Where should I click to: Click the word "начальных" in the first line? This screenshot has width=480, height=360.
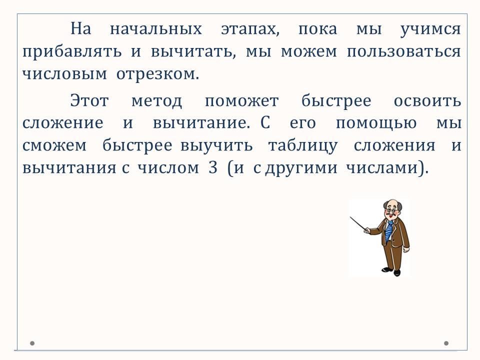[x=156, y=29]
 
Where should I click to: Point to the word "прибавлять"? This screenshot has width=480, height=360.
[x=72, y=51]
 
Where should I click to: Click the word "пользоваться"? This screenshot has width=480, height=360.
[x=404, y=51]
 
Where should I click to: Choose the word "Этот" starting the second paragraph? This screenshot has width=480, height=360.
[x=89, y=100]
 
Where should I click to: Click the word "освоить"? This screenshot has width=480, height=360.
[x=427, y=100]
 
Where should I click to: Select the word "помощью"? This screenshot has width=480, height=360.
[x=376, y=123]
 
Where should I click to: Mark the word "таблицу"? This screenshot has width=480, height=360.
[x=303, y=146]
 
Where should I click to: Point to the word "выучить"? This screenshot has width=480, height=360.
[x=216, y=145]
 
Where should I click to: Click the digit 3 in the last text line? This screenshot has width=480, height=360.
[x=213, y=168]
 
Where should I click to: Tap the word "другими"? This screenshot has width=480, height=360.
[x=301, y=168]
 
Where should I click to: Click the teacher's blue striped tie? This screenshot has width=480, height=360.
[x=388, y=231]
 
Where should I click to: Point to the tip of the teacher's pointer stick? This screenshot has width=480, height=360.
[x=350, y=217]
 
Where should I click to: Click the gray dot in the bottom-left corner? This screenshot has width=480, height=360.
[x=32, y=343]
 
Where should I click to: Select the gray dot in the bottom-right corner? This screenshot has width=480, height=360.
[x=446, y=343]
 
